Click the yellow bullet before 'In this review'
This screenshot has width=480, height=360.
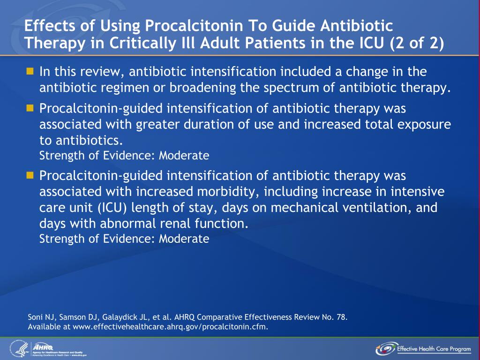click(30, 72)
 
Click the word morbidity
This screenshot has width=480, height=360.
click(226, 192)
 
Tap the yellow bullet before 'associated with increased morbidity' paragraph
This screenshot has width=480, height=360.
click(30, 176)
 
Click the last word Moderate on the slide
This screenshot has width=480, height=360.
click(184, 239)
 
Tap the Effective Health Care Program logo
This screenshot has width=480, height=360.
click(424, 349)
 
